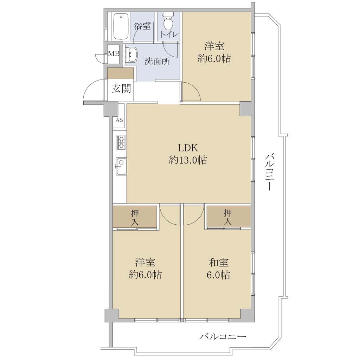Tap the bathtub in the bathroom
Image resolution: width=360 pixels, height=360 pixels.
point(121,27)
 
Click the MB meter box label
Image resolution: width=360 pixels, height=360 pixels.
point(114,54)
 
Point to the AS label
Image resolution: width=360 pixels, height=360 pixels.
point(119,120)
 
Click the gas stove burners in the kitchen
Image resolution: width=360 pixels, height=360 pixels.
point(121,142)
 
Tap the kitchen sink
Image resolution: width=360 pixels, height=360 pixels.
point(121,166)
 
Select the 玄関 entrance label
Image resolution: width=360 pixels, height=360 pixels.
point(121,88)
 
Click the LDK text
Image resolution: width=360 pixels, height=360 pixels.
point(188,148)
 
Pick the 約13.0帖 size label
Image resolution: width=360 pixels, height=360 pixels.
point(188,160)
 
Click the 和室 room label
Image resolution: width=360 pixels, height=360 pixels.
point(218,262)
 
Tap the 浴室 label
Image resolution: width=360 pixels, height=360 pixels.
point(142,26)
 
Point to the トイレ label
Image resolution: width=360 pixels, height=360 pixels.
point(169,34)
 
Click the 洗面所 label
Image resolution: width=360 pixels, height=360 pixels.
point(157,61)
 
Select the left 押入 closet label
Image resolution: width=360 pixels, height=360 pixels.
point(135,217)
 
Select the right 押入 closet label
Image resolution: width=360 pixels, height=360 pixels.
point(227,217)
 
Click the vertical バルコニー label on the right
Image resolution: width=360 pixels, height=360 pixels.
point(268,172)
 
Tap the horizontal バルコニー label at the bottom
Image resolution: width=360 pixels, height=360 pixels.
point(223,337)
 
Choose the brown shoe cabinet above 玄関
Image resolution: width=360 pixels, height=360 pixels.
point(121,73)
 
